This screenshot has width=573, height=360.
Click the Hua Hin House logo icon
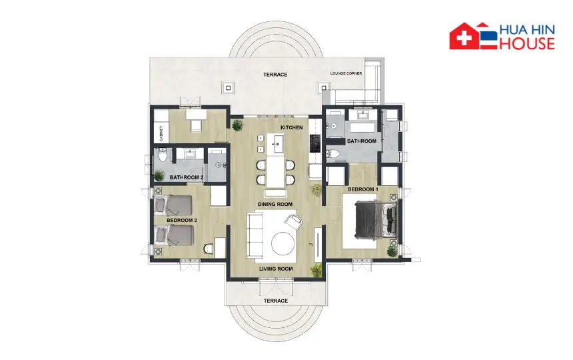coord(474,36)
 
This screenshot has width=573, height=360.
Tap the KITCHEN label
coord(292,127)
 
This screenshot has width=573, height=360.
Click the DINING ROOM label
coord(275,204)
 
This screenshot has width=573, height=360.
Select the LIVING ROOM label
coord(276,269)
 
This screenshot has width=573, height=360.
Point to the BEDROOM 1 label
coord(363,189)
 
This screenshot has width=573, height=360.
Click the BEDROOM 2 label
coord(182,221)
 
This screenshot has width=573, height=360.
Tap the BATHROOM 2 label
coord(187,177)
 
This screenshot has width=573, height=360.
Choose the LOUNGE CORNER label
coord(346,73)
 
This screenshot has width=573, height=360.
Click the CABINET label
coord(161,134)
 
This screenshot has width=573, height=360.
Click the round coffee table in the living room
coord(283,244)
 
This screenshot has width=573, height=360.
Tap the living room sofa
coord(256,236)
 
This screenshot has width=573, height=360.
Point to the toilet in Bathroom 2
coord(163,156)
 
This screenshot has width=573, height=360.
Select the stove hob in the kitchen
coord(315,143)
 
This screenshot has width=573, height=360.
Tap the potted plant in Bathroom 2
coord(159,176)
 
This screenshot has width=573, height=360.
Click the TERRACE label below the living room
coord(276,301)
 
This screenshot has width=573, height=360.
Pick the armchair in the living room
coord(294,221)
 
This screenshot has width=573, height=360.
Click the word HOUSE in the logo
coord(527,43)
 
